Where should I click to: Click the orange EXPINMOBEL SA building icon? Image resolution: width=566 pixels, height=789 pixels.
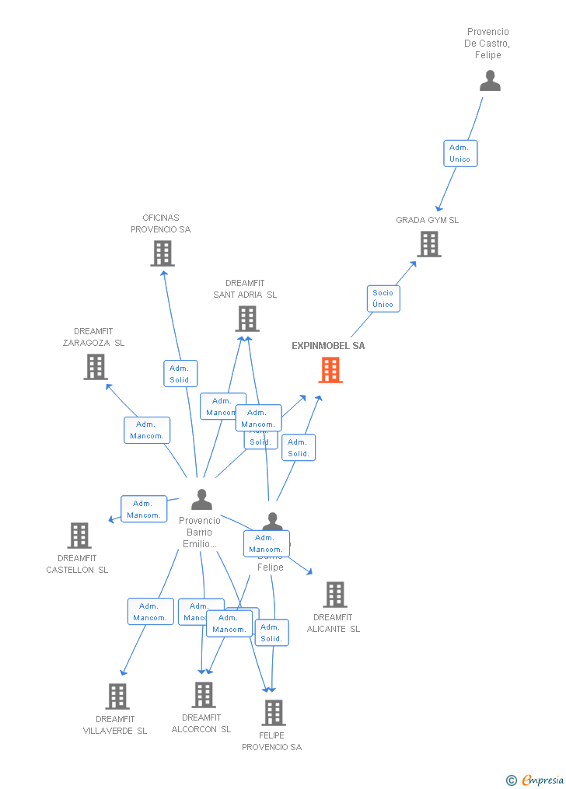pyautogui.click(x=330, y=371)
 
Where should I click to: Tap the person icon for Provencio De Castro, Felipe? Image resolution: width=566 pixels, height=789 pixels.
pyautogui.click(x=490, y=81)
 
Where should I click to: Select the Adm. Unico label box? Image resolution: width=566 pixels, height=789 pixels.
pyautogui.click(x=459, y=153)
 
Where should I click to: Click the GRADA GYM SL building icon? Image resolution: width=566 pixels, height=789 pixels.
pyautogui.click(x=428, y=244)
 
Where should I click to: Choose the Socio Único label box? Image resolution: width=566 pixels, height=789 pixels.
pyautogui.click(x=383, y=298)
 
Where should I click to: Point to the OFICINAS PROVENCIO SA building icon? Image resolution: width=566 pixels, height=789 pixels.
pyautogui.click(x=162, y=253)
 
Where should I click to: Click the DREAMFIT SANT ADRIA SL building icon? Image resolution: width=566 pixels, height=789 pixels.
pyautogui.click(x=246, y=318)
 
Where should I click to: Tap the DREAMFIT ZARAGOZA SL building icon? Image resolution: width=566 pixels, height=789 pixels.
pyautogui.click(x=95, y=367)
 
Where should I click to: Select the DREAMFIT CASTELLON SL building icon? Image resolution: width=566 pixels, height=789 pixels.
pyautogui.click(x=79, y=535)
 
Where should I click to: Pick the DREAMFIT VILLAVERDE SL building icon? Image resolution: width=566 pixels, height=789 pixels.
pyautogui.click(x=117, y=696)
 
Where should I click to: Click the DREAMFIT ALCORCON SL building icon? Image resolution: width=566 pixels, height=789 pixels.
pyautogui.click(x=203, y=694)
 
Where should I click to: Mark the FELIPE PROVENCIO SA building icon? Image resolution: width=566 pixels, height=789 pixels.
pyautogui.click(x=273, y=712)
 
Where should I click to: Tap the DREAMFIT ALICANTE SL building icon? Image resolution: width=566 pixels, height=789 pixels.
pyautogui.click(x=334, y=595)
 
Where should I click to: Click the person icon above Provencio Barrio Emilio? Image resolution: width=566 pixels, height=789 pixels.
pyautogui.click(x=201, y=500)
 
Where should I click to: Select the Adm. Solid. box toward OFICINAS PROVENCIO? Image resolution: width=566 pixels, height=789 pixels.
pyautogui.click(x=180, y=374)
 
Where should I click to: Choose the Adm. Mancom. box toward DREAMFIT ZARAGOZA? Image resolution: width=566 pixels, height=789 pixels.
pyautogui.click(x=146, y=430)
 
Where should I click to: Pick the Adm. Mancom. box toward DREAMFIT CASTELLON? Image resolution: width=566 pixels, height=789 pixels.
pyautogui.click(x=144, y=509)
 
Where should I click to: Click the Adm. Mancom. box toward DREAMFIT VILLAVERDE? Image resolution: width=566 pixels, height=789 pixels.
pyautogui.click(x=150, y=612)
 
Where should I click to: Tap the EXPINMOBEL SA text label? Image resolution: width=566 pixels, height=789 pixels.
pyautogui.click(x=328, y=346)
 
